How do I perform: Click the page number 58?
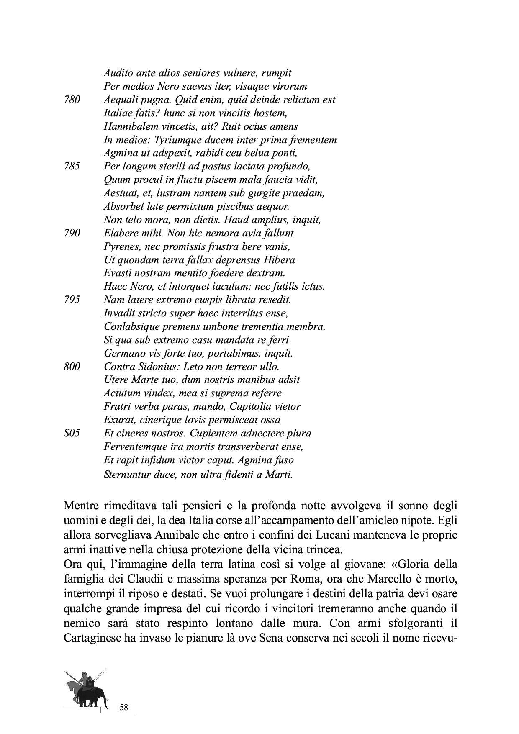(123, 708)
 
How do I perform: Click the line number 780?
(72, 100)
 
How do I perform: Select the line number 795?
(72, 300)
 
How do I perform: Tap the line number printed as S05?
(72, 434)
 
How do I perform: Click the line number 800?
(72, 367)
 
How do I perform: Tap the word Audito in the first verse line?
(117, 73)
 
